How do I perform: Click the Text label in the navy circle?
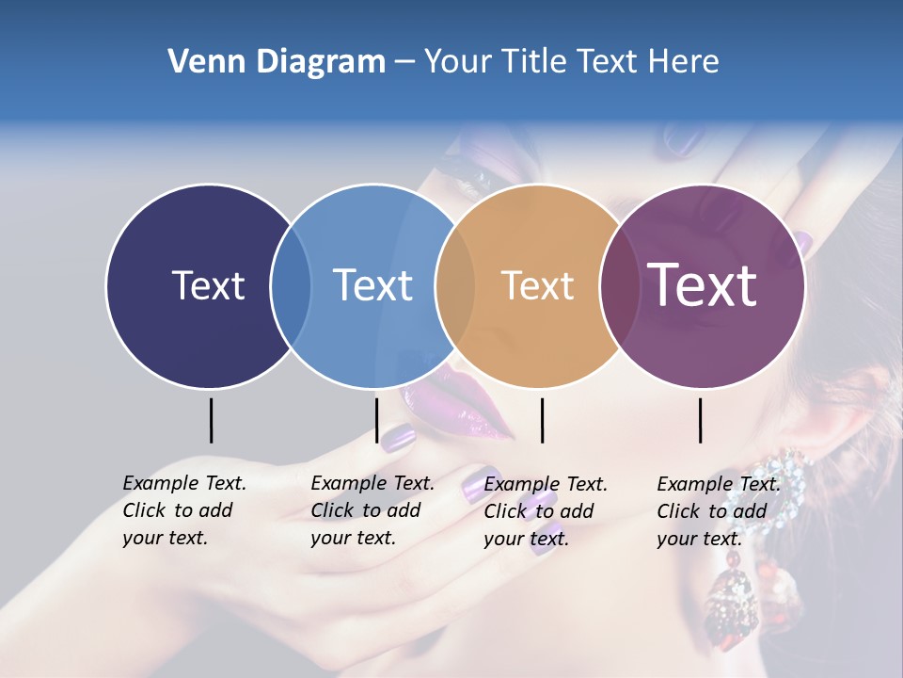(208, 285)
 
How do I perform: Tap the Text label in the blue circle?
(372, 285)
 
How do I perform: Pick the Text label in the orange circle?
(537, 285)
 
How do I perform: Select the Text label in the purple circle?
(703, 284)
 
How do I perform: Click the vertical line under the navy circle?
(211, 420)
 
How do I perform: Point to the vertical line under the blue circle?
(376, 420)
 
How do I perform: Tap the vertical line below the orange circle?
(542, 420)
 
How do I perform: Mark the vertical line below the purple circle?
(700, 420)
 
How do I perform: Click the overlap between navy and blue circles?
(291, 285)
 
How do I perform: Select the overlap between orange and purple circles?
(620, 285)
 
